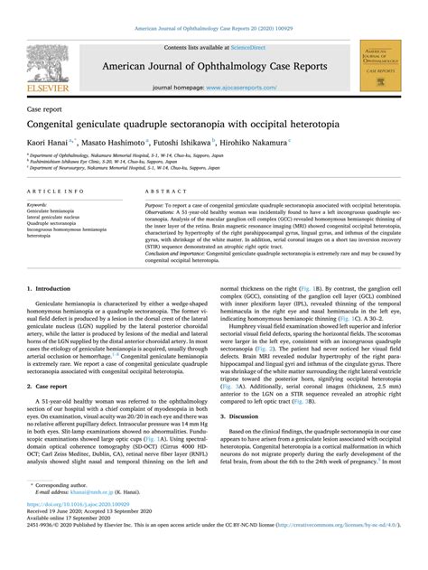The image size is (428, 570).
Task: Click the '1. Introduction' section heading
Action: pyautogui.click(x=52, y=290)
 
